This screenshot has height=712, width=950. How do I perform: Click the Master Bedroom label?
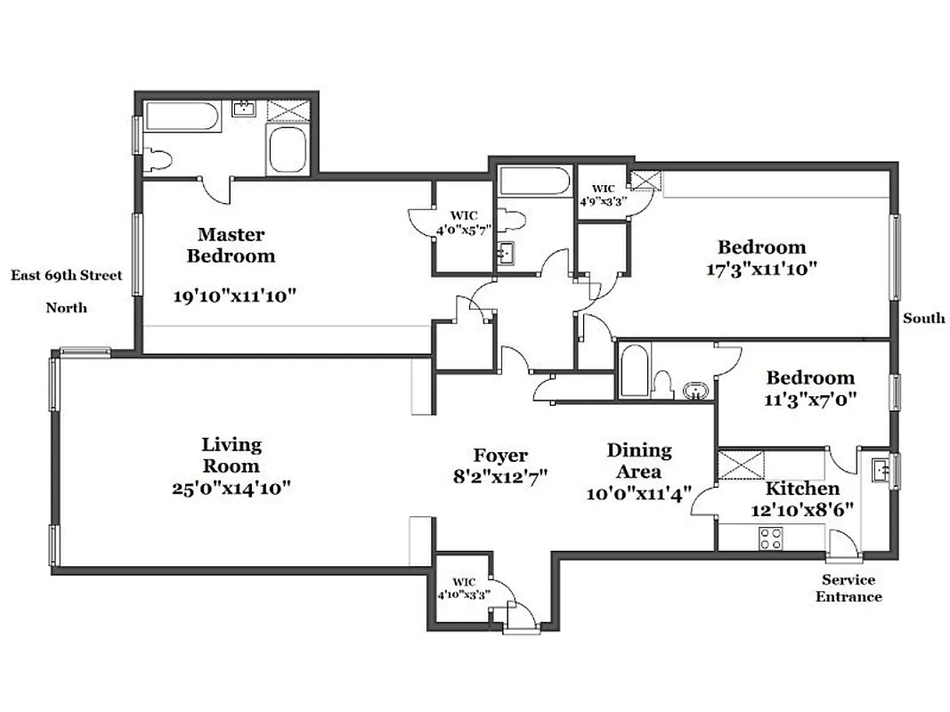[231, 245]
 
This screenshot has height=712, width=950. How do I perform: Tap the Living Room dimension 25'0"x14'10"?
[232, 488]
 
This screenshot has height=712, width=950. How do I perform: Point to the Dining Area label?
[639, 461]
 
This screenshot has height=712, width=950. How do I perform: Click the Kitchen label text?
[802, 489]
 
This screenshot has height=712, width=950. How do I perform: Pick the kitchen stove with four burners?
[770, 538]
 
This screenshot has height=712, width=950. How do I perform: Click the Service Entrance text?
[849, 587]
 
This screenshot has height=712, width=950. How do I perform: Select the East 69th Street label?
[66, 276]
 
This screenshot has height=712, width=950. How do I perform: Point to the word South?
[923, 318]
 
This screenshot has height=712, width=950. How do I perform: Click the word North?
[67, 308]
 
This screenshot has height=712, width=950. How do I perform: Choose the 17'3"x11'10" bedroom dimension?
[761, 267]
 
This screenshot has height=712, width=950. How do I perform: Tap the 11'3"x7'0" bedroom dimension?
[810, 400]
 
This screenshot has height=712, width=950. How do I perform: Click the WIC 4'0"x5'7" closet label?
[464, 222]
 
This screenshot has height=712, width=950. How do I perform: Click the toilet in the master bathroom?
[157, 159]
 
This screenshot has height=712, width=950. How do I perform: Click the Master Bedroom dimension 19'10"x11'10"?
[232, 296]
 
